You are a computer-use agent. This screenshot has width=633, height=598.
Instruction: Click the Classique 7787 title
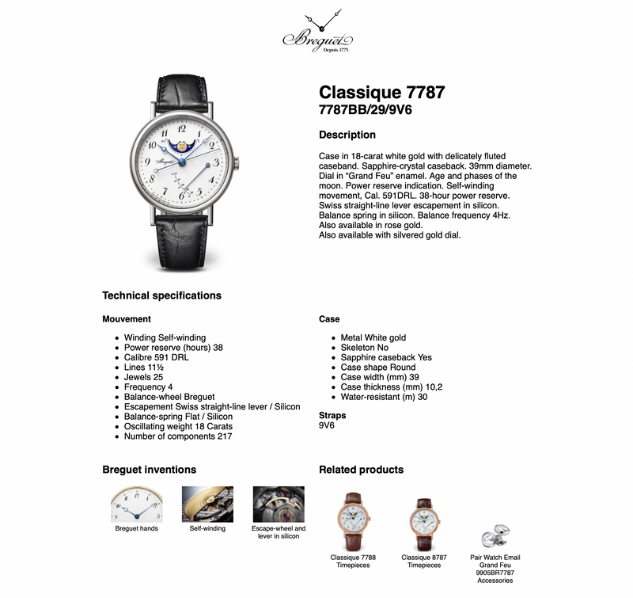(381, 93)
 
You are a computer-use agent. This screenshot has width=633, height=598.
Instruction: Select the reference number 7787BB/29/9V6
(365, 109)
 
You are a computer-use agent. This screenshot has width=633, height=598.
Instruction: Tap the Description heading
(347, 135)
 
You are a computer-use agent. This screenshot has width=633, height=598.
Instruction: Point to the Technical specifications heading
(161, 295)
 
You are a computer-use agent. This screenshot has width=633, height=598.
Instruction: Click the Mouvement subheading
(127, 319)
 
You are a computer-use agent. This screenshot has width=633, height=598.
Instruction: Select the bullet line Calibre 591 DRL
(157, 357)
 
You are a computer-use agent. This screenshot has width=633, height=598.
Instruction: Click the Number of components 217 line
(178, 436)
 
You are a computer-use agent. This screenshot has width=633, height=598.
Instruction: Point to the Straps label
(332, 415)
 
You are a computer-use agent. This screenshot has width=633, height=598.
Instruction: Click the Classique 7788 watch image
(353, 520)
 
